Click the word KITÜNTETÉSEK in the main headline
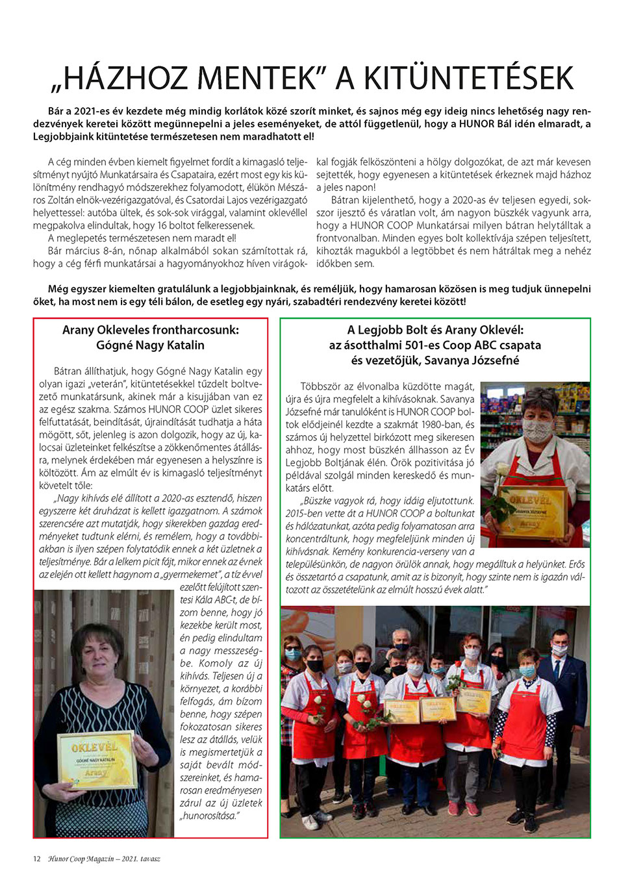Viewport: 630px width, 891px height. pyautogui.click(x=468, y=79)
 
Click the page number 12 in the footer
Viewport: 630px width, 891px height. pyautogui.click(x=36, y=859)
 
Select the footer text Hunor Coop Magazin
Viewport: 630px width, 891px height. pyautogui.click(x=81, y=859)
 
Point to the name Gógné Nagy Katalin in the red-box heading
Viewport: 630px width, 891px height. pyautogui.click(x=150, y=345)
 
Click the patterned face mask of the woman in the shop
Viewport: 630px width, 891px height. pyautogui.click(x=536, y=431)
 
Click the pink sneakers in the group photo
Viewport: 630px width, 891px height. pyautogui.click(x=462, y=809)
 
